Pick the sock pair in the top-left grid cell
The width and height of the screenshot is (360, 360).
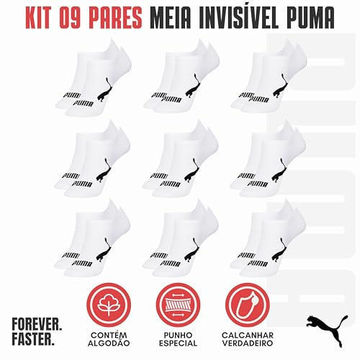[91, 81]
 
